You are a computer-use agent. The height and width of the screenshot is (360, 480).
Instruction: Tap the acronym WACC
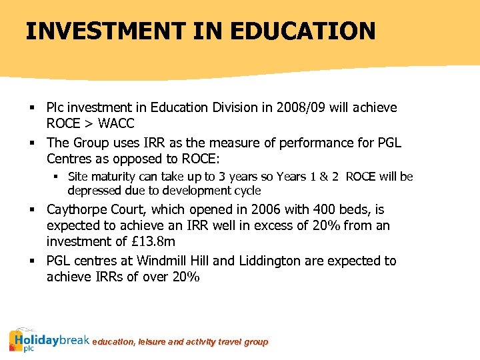click(x=116, y=123)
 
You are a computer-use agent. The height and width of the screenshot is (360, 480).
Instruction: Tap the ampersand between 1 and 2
click(x=323, y=177)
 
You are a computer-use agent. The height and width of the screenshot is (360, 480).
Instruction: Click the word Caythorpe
click(x=76, y=210)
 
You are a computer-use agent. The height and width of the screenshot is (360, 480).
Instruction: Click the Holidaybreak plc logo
click(x=49, y=340)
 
